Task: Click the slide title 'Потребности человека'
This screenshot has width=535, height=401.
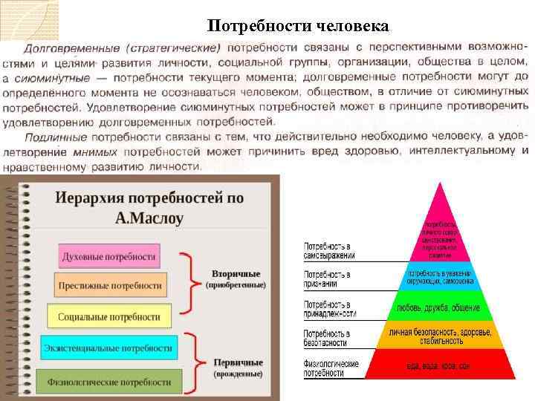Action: coord(298,26)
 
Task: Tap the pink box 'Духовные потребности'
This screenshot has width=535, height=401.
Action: coord(108,257)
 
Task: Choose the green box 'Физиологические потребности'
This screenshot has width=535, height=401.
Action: coord(108,381)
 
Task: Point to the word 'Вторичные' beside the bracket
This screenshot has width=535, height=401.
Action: coord(236,273)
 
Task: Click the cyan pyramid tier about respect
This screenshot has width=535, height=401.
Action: coord(439,277)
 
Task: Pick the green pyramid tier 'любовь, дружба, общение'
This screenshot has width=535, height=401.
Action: coord(439,307)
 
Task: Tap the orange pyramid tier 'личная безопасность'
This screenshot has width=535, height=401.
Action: coord(439,336)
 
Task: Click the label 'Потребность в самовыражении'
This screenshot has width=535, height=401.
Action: coord(329,250)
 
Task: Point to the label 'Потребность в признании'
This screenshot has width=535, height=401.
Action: coord(327,279)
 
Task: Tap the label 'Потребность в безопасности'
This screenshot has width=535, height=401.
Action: coord(327,338)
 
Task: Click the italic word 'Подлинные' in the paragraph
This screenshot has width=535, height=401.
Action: coord(56,137)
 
